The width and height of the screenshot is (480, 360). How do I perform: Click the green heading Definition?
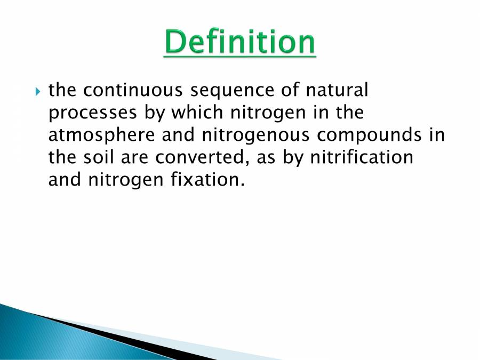239,42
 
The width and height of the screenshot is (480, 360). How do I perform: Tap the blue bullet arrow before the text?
38,92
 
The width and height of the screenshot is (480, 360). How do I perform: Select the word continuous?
133,90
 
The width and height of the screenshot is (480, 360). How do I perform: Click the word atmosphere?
102,135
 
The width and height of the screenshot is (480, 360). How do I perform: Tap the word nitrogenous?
255,135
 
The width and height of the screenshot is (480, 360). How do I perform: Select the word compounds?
369,135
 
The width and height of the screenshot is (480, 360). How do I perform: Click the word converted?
202,158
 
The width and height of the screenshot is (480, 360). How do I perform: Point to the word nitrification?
362,157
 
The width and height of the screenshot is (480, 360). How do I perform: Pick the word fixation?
208,179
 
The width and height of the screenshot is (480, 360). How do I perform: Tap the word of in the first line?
290,90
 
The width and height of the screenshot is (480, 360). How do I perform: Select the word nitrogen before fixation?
126,180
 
